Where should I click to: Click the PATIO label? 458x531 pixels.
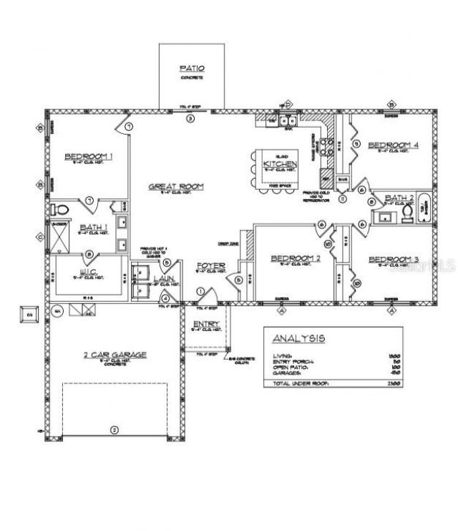point(191,68)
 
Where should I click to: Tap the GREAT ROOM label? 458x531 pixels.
point(176,186)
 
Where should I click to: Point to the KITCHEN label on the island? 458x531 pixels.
point(276,164)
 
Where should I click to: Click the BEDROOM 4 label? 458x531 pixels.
point(393,145)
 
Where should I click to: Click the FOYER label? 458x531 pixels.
point(211,266)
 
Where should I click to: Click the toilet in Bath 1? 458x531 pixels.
point(61,211)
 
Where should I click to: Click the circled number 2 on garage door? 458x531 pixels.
point(112,431)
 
